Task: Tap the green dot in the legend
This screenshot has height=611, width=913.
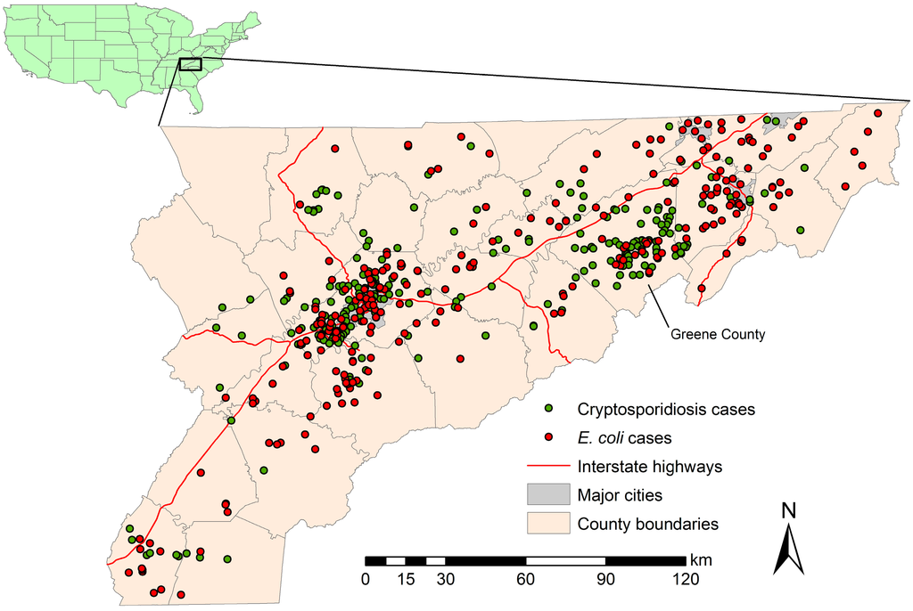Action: [x=549, y=409]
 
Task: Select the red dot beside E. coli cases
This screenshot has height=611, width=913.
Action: [x=549, y=437]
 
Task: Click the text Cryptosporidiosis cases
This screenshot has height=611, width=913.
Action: [x=666, y=410]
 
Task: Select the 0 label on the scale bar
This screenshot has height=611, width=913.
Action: [x=365, y=580]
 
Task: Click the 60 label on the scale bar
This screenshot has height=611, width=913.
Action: [x=525, y=580]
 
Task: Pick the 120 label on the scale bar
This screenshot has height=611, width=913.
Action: [x=685, y=580]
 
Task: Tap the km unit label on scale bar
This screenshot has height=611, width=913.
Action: [x=700, y=560]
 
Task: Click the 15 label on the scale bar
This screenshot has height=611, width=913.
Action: [x=405, y=580]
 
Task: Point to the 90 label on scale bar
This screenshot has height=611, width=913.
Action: [x=605, y=580]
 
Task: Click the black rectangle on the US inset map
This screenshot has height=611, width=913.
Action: [x=190, y=63]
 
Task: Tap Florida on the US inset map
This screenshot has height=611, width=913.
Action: [x=195, y=101]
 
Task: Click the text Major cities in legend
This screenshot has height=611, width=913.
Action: [x=621, y=494]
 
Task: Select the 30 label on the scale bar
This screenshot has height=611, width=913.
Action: [x=445, y=580]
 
